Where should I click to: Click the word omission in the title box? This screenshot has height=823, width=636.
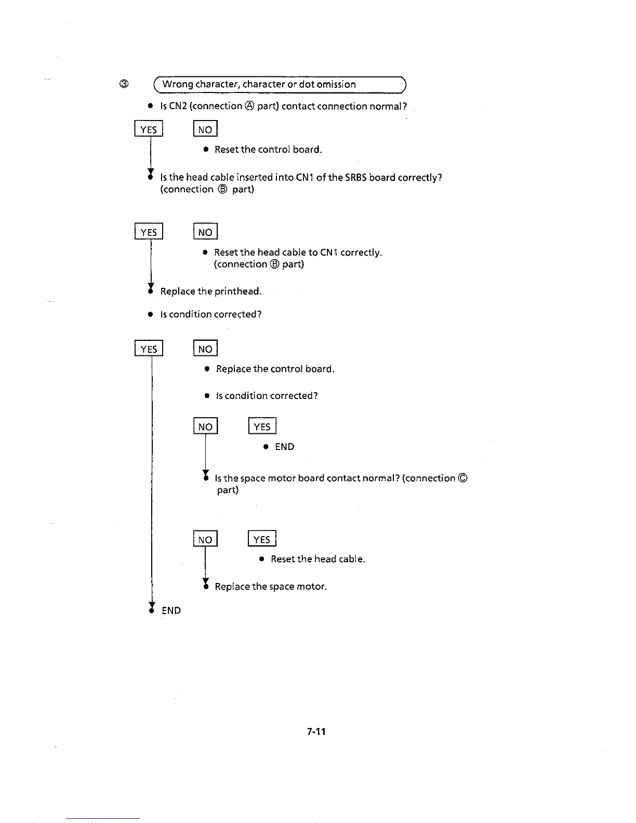point(336,84)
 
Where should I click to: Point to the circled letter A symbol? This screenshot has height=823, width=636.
point(249,106)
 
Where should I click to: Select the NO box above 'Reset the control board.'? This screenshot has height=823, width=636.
point(205,129)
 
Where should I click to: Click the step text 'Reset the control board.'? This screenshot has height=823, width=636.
point(268,150)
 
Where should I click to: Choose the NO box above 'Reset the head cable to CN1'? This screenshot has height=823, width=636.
point(205,232)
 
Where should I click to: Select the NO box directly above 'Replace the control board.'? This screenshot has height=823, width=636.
point(205,349)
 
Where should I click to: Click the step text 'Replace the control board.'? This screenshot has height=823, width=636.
point(275,369)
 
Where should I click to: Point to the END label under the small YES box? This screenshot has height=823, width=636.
point(285,447)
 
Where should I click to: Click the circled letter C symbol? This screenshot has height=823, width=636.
point(463,478)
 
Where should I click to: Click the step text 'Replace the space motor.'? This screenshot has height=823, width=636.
point(271,587)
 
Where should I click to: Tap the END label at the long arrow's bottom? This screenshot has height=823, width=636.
point(171,610)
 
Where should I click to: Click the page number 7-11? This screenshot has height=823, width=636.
point(316,732)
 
